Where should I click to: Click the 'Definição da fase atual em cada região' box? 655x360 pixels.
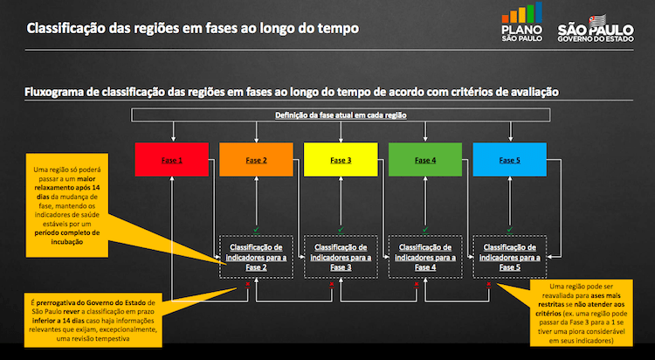coord(340,115)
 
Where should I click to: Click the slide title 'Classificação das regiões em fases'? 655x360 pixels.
coord(192,28)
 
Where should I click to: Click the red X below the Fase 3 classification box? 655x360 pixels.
coord(331,285)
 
